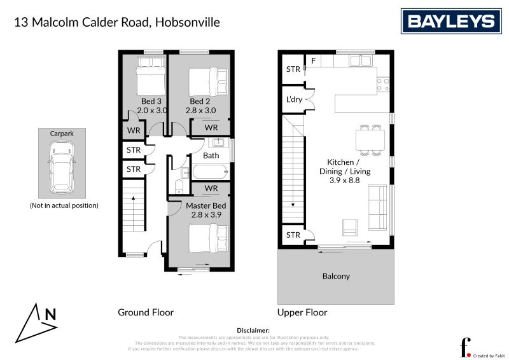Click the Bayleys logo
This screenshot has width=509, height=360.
pos(450,22)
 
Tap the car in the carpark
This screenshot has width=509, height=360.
pos(62,169)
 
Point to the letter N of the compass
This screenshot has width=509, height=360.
pos(50,314)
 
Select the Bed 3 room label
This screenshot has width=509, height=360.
pos(151,101)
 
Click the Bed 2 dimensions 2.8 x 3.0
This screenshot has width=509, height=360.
pos(200,110)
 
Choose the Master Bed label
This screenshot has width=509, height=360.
pos(206,206)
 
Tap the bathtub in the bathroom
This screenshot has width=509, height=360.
pos(211,172)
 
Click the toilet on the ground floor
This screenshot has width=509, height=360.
pos(179,186)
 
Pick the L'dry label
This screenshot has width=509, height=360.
pos(294,100)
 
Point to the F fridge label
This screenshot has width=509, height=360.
pos(313,61)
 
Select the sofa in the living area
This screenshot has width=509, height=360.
pos(377,208)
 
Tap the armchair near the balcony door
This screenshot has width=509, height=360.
pos(350,226)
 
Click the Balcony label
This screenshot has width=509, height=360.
pos(336,276)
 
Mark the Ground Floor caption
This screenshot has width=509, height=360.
pos(146,312)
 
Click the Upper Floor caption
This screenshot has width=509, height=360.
pos(302,312)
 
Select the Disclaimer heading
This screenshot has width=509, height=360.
pos(254,331)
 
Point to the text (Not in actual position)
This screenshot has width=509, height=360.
pos(64,205)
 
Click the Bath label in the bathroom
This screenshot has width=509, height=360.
pos(211,155)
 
